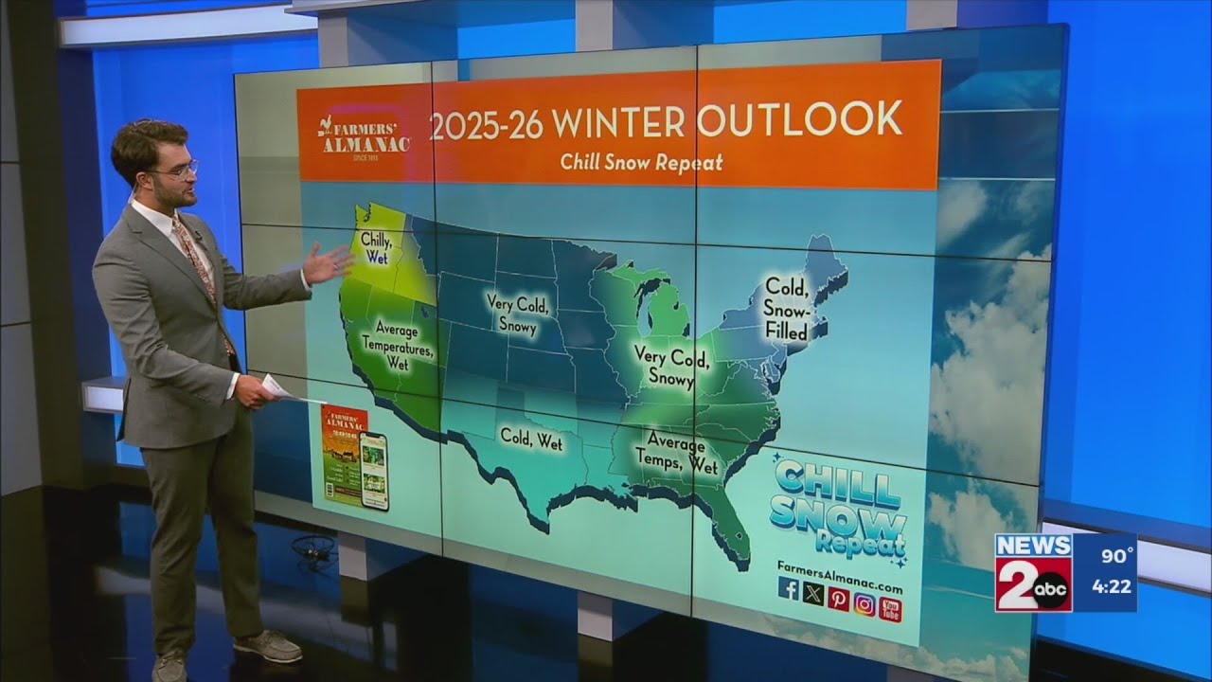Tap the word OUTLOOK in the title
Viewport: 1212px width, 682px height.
798,120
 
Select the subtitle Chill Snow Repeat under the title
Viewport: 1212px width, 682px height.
641,162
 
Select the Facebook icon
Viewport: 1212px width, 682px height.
789,588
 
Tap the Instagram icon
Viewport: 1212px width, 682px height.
864,603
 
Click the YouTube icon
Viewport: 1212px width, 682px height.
890,610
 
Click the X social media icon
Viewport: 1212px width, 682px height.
813,593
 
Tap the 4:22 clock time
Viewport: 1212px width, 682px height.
1112,586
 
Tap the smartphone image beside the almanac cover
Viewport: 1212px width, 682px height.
375,471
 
